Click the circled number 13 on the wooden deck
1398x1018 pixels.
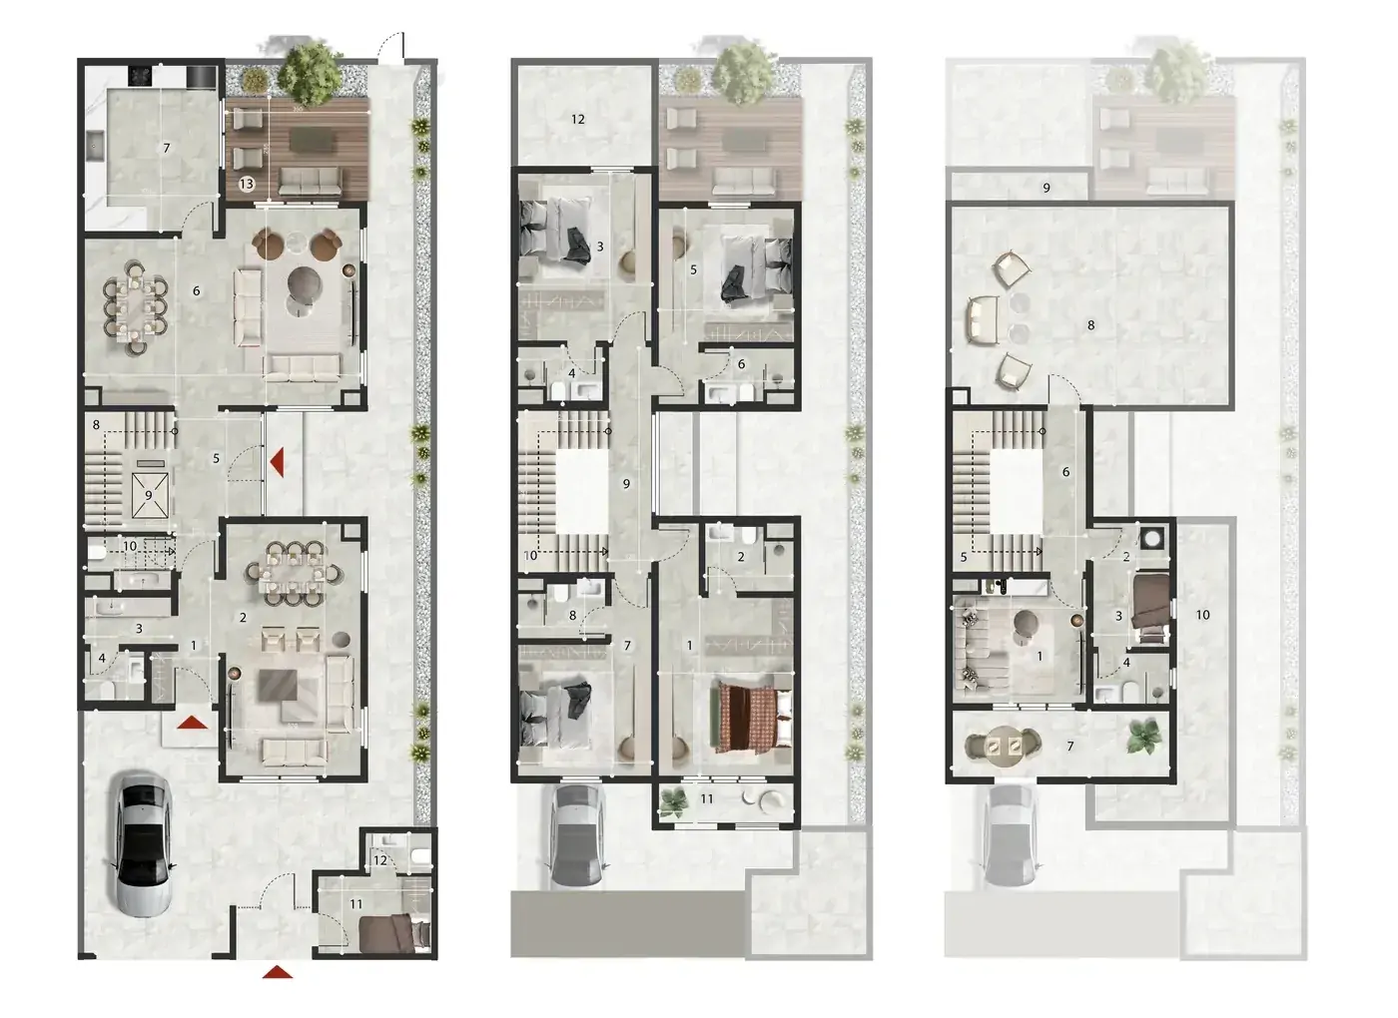pyautogui.click(x=247, y=184)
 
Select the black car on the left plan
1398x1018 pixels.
pyautogui.click(x=144, y=844)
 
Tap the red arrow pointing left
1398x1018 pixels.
pyautogui.click(x=278, y=462)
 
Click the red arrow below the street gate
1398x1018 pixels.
pyautogui.click(x=278, y=972)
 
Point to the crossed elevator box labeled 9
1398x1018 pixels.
pyautogui.click(x=150, y=495)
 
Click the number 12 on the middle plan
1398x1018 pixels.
pyautogui.click(x=578, y=119)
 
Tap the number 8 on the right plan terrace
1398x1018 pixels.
pyautogui.click(x=1090, y=325)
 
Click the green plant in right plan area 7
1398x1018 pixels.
pyautogui.click(x=1145, y=737)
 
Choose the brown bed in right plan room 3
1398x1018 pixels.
pyautogui.click(x=1150, y=608)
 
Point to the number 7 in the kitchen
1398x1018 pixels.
pyautogui.click(x=166, y=149)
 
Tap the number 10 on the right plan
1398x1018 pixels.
pyautogui.click(x=1202, y=615)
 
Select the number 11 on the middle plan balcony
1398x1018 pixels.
pyautogui.click(x=707, y=798)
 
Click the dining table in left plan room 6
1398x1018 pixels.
pyautogui.click(x=136, y=308)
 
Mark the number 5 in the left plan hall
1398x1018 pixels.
pyautogui.click(x=216, y=458)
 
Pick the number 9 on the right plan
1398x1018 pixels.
pyautogui.click(x=1047, y=188)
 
